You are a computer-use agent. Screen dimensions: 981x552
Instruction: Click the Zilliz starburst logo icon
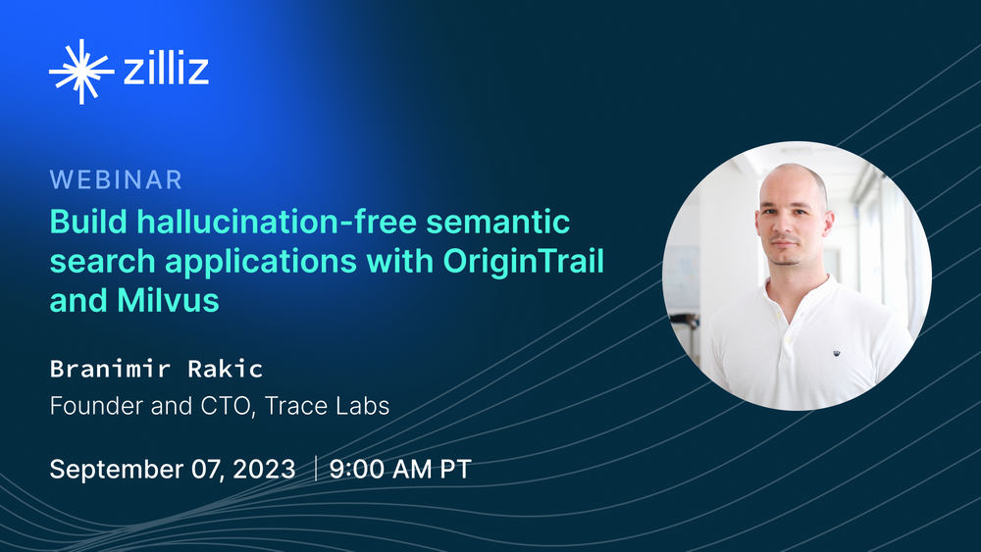tap(81, 72)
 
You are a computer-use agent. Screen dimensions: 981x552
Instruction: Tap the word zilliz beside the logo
tap(166, 68)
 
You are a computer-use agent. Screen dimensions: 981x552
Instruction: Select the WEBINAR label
tap(116, 180)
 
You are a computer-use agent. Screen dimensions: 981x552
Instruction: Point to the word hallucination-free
tap(278, 222)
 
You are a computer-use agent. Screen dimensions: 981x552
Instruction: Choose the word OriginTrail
tap(523, 262)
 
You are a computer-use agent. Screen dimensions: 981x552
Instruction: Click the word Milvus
tap(168, 300)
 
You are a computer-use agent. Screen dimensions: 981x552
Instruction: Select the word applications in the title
tap(261, 262)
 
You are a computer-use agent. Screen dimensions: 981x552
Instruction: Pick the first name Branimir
tap(110, 369)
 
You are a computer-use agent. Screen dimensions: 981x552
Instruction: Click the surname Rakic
tap(226, 369)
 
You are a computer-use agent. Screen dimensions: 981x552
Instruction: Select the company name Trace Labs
tap(327, 406)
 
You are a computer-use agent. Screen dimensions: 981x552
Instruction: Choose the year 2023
tap(263, 470)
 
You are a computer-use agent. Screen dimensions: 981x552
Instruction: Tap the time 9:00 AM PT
tap(400, 470)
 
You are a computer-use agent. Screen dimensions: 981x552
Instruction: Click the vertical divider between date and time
tap(315, 469)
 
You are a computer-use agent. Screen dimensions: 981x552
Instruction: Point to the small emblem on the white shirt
tap(836, 354)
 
